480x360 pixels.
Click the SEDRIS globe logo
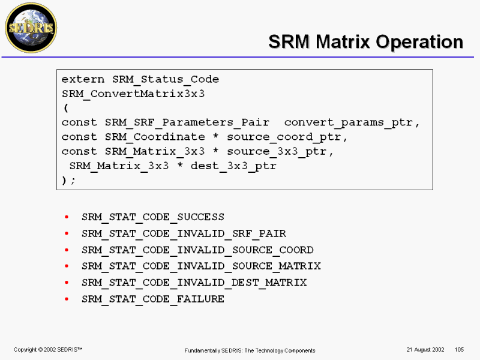pyautogui.click(x=31, y=28)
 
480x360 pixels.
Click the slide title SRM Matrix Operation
pyautogui.click(x=365, y=42)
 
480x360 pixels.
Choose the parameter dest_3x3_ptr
pyautogui.click(x=233, y=166)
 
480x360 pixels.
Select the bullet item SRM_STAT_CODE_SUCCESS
pyautogui.click(x=153, y=217)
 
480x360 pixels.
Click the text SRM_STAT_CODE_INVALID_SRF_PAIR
pyautogui.click(x=184, y=233)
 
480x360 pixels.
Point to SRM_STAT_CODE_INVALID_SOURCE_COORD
pyautogui.click(x=197, y=250)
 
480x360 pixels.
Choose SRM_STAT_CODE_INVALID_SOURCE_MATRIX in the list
pyautogui.click(x=201, y=266)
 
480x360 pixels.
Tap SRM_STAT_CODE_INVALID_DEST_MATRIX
pyautogui.click(x=194, y=282)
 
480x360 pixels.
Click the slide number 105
pyautogui.click(x=460, y=349)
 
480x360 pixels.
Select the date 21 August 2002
pyautogui.click(x=425, y=349)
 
